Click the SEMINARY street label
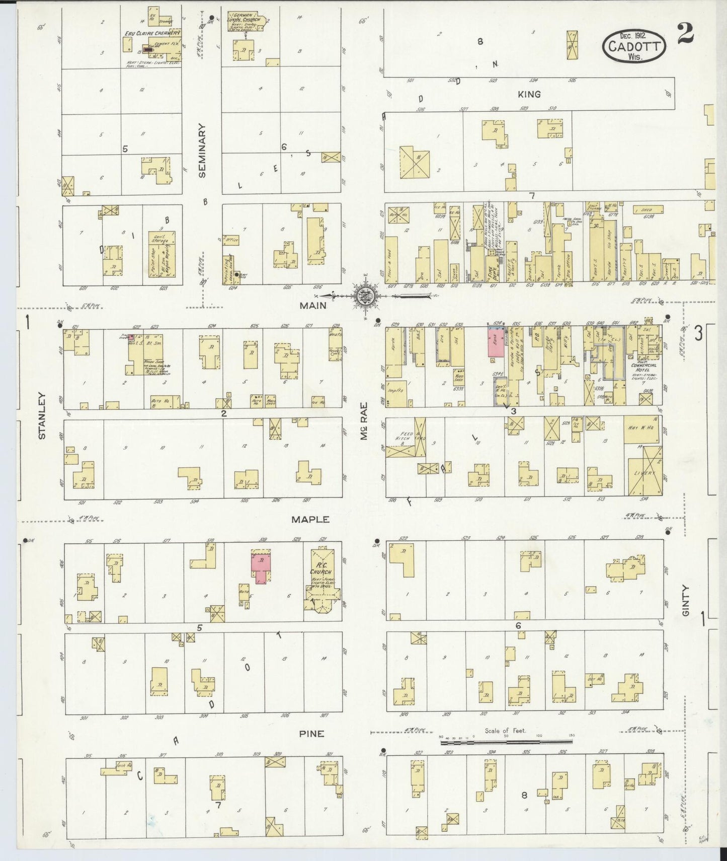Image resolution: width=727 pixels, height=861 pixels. pyautogui.click(x=202, y=151)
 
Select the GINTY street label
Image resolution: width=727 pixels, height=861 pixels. pyautogui.click(x=686, y=600)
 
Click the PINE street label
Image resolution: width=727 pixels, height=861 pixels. pyautogui.click(x=311, y=734)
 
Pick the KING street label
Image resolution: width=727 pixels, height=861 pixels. pyautogui.click(x=529, y=94)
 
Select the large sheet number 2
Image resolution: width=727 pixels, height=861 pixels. pyautogui.click(x=685, y=33)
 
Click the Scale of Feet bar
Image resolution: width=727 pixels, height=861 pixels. pyautogui.click(x=506, y=742)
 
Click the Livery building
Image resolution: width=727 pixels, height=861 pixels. pyautogui.click(x=644, y=471)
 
